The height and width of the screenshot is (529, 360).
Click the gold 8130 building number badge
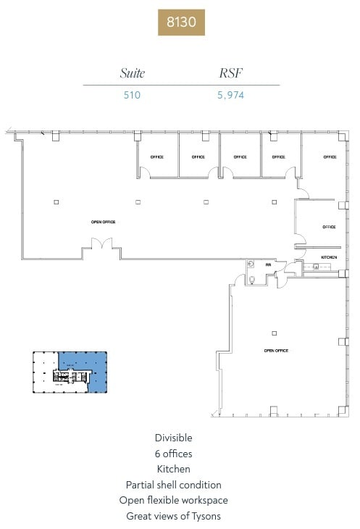pyautogui.click(x=181, y=22)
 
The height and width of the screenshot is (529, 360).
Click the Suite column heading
pyautogui.click(x=132, y=73)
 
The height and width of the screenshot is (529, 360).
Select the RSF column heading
pyautogui.click(x=232, y=73)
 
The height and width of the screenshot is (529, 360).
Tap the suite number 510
pyautogui.click(x=132, y=93)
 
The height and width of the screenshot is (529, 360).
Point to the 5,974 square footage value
pyautogui.click(x=232, y=93)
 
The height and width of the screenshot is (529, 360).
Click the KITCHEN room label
pyautogui.click(x=329, y=257)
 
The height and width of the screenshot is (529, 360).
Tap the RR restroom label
pyautogui.click(x=267, y=264)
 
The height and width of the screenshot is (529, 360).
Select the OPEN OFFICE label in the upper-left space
pyautogui.click(x=103, y=222)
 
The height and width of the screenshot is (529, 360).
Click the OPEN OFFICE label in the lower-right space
pyautogui.click(x=276, y=351)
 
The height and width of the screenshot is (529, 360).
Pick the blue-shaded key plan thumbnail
pyautogui.click(x=70, y=372)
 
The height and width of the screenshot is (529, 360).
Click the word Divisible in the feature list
pyautogui.click(x=173, y=438)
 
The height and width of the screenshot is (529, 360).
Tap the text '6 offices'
pyautogui.click(x=173, y=454)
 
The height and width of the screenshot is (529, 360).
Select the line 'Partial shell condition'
pyautogui.click(x=173, y=485)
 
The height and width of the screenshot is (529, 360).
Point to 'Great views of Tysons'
pyautogui.click(x=173, y=516)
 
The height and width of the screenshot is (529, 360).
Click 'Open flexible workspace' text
pyautogui.click(x=173, y=500)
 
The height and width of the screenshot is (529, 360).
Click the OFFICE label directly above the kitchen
pyautogui.click(x=329, y=227)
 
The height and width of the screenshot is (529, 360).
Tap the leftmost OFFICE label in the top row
pyautogui.click(x=157, y=157)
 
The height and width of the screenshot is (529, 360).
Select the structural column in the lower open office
pyautogui.click(x=274, y=333)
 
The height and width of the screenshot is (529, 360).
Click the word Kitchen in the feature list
pyautogui.click(x=173, y=469)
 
